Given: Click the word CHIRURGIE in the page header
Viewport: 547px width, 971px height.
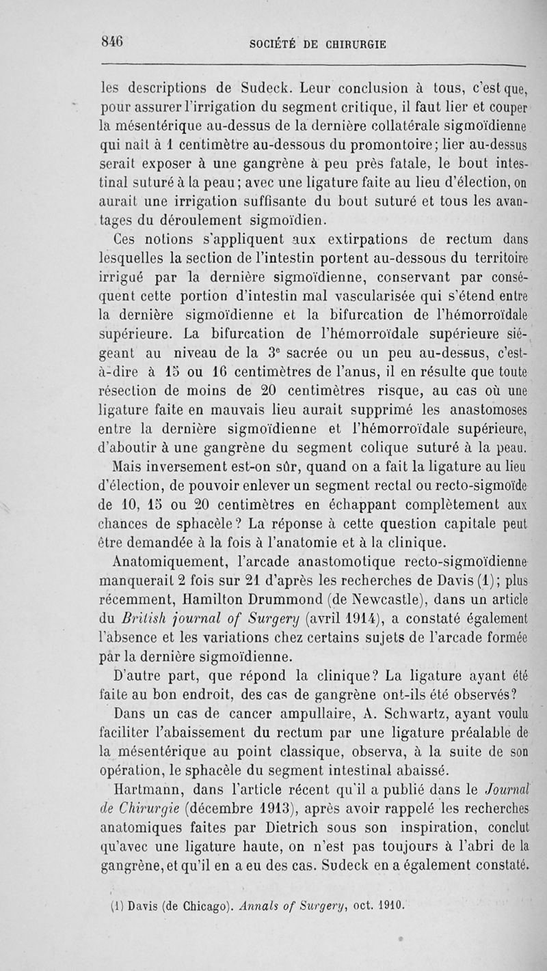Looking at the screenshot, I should [353, 44].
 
